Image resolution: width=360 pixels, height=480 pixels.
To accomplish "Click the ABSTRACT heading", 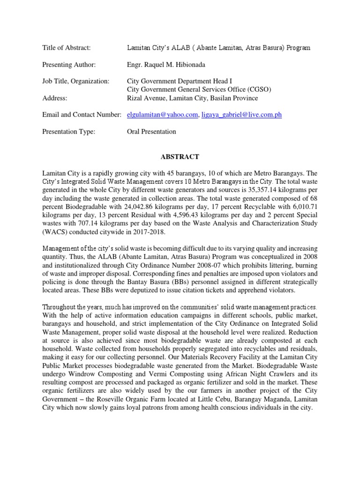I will pos(180,157).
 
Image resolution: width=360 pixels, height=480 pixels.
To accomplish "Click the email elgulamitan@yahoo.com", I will pos(163,115).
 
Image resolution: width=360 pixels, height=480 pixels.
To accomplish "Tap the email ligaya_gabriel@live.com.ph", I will pos(241,115).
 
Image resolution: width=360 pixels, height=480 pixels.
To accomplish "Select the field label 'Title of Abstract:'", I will pos(66,48).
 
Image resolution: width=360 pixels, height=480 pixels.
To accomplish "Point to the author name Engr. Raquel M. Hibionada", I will pos(167,64).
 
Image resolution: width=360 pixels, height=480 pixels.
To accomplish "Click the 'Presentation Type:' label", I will pos(68,132).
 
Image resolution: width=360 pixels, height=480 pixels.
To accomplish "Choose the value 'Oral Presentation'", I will pos(151,132).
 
